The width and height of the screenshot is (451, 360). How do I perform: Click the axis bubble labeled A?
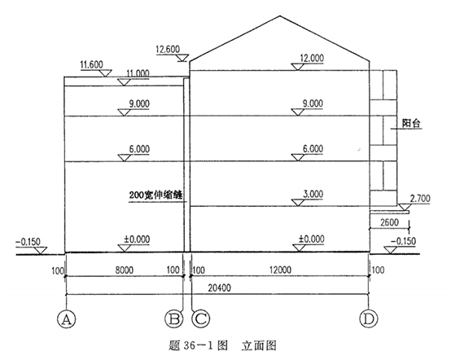point(67,318)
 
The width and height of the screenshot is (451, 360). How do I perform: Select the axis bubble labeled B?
point(174,318)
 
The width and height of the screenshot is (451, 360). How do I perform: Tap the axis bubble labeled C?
point(201,318)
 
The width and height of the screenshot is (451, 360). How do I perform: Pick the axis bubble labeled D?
point(369,318)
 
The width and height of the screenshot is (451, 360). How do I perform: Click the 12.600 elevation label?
point(168,49)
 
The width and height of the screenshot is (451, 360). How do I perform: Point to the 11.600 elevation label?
point(91,64)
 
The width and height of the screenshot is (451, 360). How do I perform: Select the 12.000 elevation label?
point(312,58)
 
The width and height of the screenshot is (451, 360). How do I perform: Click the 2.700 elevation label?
point(420,199)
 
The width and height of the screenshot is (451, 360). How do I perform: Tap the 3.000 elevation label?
point(313,194)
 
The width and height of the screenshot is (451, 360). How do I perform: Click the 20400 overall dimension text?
point(219,288)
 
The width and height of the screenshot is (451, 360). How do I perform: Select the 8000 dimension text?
point(125,270)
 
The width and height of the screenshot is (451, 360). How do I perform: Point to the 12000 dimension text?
point(280,270)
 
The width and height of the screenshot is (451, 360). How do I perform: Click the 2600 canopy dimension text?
point(389,222)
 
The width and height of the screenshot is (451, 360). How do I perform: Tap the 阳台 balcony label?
point(411,124)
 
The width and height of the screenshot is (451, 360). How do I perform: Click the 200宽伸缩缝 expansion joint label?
point(155,195)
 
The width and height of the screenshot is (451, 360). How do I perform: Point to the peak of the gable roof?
point(280,16)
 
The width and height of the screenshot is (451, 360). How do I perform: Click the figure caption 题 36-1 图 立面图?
point(222,345)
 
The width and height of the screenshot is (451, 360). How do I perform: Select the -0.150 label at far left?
point(28,242)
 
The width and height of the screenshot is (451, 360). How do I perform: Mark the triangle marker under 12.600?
point(182,58)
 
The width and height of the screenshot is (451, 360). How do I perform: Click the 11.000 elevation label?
point(138,73)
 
